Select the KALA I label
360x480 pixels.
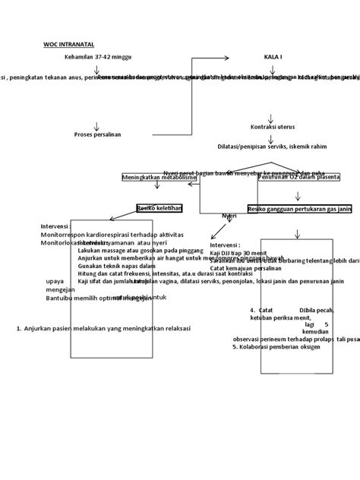click(273, 57)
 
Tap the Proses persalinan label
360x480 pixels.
click(97, 134)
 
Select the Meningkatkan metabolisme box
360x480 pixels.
click(159, 177)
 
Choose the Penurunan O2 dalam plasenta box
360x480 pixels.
click(298, 177)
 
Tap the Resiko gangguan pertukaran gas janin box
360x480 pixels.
click(298, 208)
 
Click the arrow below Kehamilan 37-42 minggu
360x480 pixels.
click(97, 68)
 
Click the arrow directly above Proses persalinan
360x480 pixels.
click(97, 124)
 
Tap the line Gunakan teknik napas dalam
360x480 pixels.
click(116, 266)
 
